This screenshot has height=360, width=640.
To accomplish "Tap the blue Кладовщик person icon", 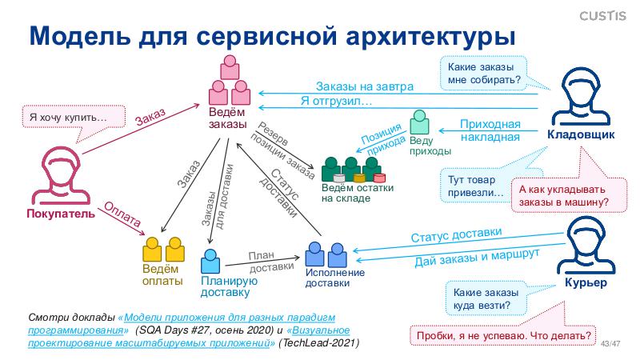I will (581, 95).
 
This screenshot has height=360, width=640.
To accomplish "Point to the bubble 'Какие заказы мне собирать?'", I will (483, 74).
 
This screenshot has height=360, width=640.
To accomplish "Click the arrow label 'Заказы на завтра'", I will (364, 86).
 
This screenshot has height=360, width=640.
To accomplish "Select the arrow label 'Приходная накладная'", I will (490, 130).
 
